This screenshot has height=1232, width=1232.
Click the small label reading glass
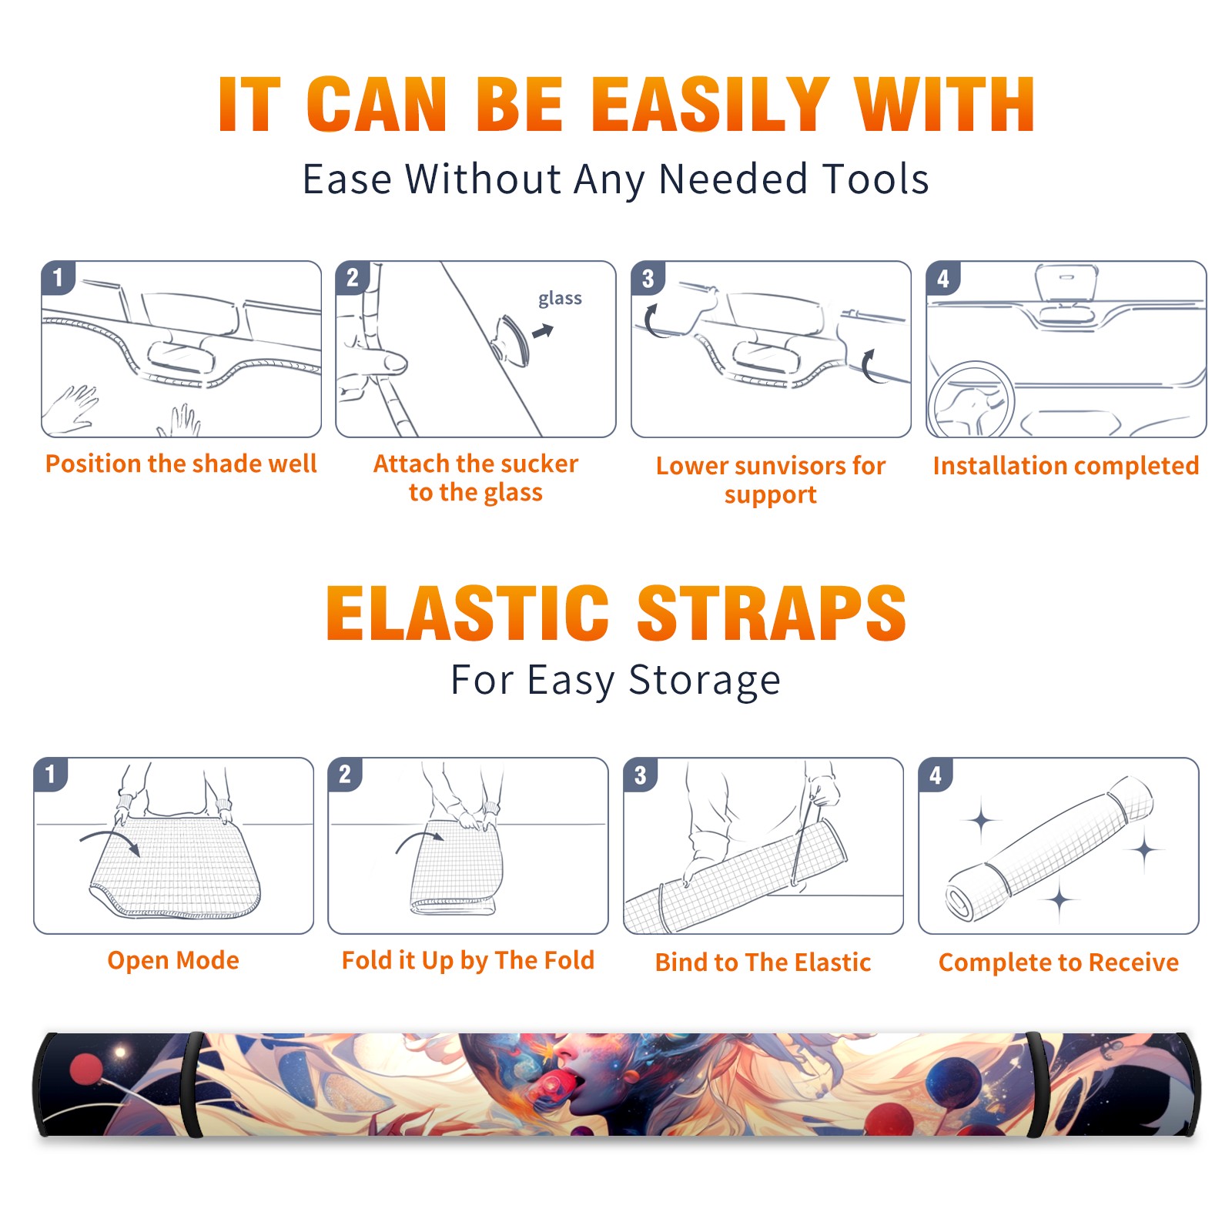[x=560, y=298]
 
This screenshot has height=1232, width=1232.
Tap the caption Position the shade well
[x=181, y=464]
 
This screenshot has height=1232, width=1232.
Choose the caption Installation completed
[x=1066, y=466]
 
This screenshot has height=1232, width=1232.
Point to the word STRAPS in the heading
[x=772, y=613]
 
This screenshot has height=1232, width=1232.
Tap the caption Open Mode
[x=173, y=960]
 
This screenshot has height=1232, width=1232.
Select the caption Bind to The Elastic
[x=763, y=962]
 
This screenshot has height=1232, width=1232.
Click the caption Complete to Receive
[x=1059, y=962]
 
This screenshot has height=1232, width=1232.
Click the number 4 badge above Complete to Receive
[x=936, y=775]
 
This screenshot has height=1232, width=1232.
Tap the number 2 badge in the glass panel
[x=353, y=277]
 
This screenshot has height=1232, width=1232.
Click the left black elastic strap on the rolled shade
[x=195, y=1084]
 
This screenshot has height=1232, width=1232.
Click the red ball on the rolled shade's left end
[x=86, y=1070]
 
